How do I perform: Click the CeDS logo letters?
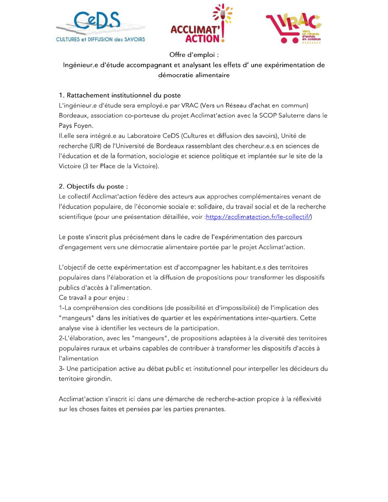tap(97, 21)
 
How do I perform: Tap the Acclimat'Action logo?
tap(201, 25)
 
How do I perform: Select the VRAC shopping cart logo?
tap(293, 29)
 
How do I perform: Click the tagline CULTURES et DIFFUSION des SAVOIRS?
tap(101, 40)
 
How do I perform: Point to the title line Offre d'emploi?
tap(194, 55)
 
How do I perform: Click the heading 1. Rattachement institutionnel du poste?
tap(120, 96)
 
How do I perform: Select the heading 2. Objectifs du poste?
tap(93, 186)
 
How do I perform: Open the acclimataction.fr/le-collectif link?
tap(259, 217)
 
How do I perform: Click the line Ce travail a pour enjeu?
tap(93, 298)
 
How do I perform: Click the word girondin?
tap(98, 379)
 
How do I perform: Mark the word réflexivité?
tap(307, 399)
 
